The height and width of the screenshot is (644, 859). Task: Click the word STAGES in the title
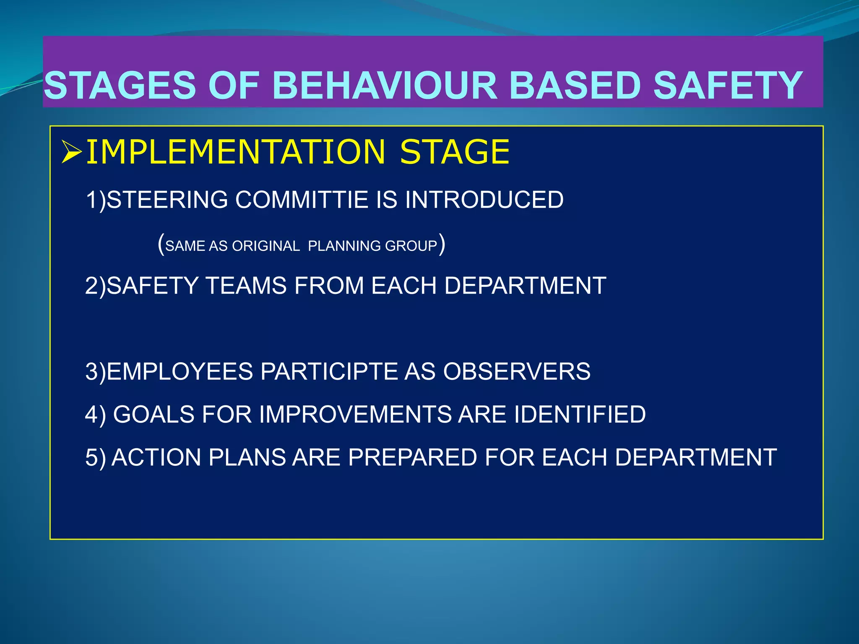[x=120, y=86]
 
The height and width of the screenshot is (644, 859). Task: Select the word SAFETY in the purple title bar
[x=728, y=86]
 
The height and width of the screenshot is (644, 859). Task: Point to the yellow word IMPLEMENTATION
[x=235, y=152]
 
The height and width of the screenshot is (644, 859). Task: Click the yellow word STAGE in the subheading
[x=455, y=152]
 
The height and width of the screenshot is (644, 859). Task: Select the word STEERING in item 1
[x=167, y=200]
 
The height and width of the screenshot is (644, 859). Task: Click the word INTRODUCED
[x=484, y=200]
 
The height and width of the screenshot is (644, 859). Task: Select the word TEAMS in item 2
[x=246, y=286]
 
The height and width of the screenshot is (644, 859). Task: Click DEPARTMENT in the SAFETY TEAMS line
[x=525, y=286]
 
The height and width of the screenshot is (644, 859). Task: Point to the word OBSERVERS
[x=516, y=372]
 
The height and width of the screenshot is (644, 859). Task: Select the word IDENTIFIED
[x=580, y=415]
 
